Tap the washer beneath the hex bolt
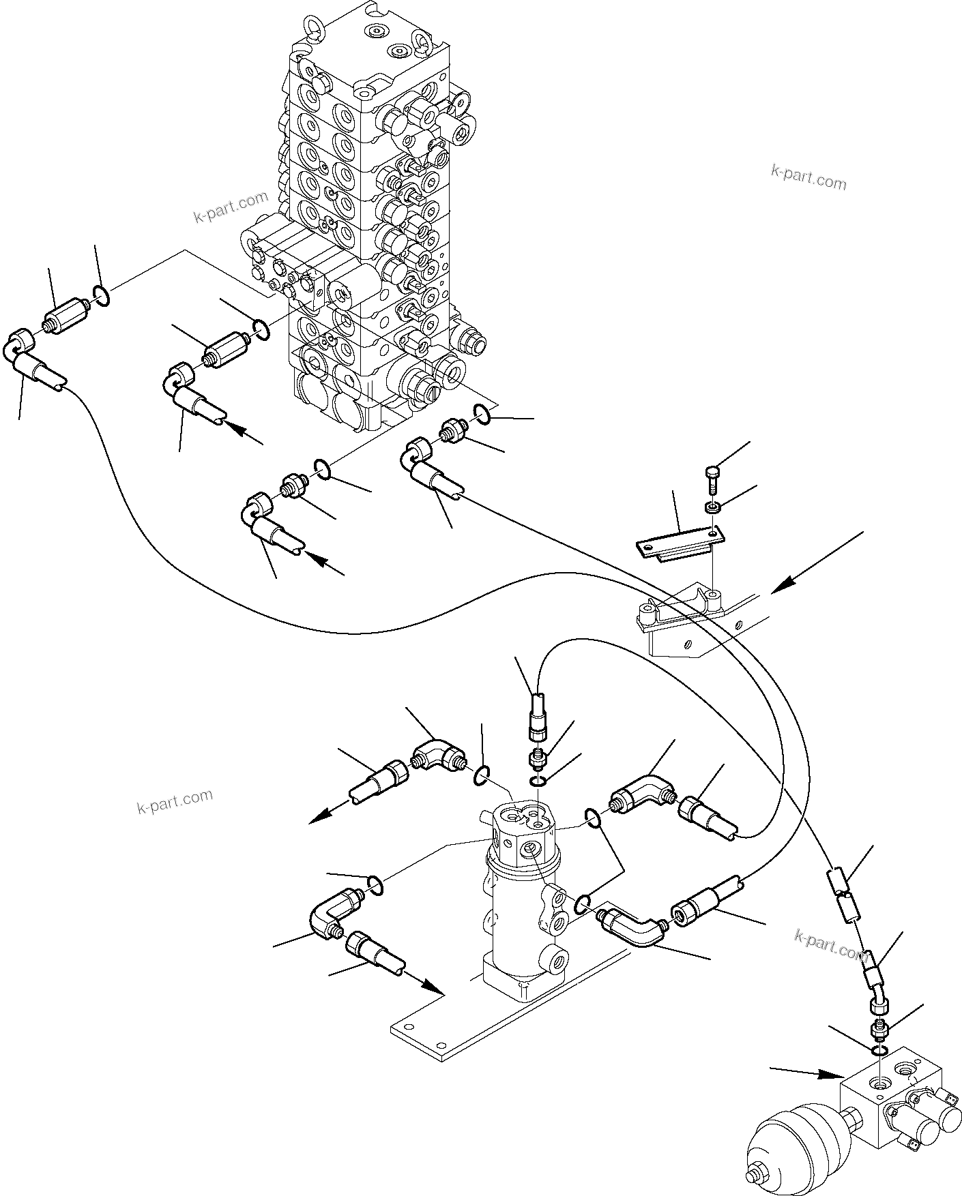711,507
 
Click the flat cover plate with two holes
680,543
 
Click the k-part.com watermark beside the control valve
231,208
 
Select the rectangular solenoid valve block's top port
880,1081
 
